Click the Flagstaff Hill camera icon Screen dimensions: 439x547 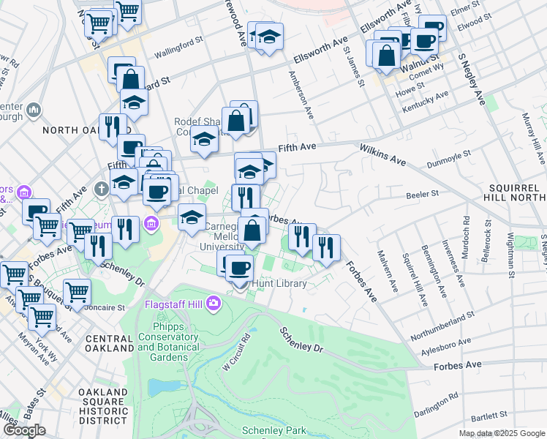[213, 302]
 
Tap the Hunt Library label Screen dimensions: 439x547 [279, 283]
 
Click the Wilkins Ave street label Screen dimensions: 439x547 [382, 154]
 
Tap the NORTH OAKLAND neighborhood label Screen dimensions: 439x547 [71, 130]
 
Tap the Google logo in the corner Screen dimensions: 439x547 [23, 430]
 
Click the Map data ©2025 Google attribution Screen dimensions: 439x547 [501, 434]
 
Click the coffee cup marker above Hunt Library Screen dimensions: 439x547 [239, 268]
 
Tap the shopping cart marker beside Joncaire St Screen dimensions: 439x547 [77, 292]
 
